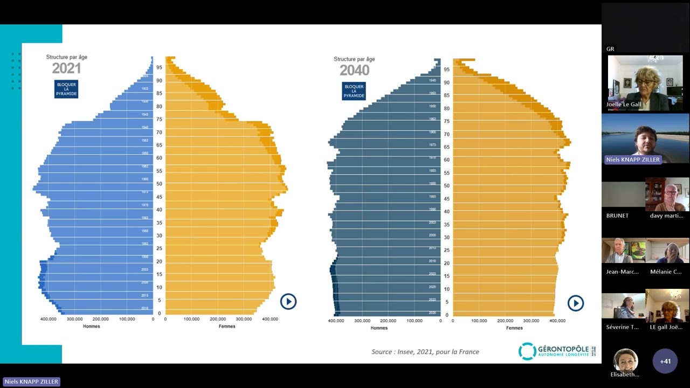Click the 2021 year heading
(x=66, y=68)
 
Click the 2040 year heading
(x=354, y=71)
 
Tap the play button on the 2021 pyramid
(x=288, y=301)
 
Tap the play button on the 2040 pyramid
(x=576, y=303)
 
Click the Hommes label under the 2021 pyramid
(x=91, y=326)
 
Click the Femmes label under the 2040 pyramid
(x=514, y=328)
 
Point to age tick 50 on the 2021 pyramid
(x=159, y=184)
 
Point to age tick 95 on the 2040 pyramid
(x=446, y=70)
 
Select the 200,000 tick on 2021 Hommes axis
(x=101, y=319)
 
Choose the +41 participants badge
(x=665, y=361)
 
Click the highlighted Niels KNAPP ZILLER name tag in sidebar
(x=632, y=160)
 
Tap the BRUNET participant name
(x=617, y=216)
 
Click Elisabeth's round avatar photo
(x=626, y=360)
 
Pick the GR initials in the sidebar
(x=610, y=49)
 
